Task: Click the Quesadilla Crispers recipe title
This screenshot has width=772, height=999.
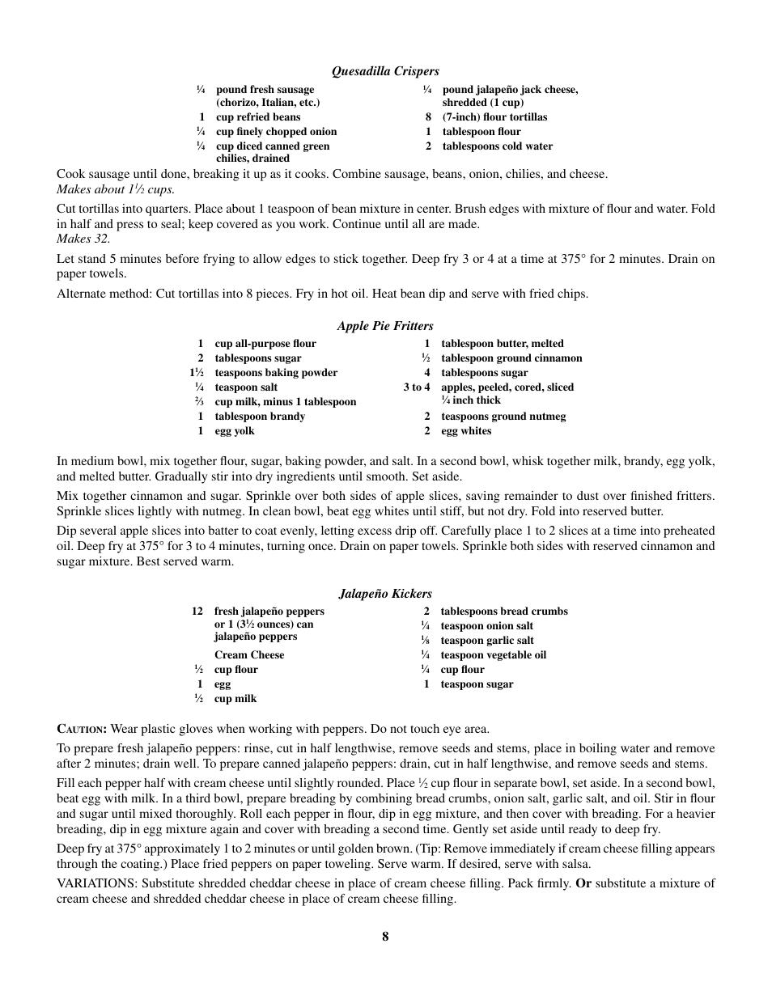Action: click(x=385, y=71)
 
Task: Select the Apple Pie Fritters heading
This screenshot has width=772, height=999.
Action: click(x=385, y=326)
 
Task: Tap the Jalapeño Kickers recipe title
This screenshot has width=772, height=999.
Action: click(x=385, y=594)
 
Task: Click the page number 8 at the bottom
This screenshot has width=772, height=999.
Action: click(x=385, y=936)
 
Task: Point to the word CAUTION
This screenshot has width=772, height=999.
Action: click(x=82, y=729)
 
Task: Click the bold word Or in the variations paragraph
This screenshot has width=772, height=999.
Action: click(x=583, y=883)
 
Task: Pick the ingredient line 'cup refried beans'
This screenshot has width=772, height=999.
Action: click(x=258, y=117)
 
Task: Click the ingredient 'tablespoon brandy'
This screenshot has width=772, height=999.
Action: click(x=260, y=417)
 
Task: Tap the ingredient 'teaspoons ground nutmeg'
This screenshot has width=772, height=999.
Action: click(x=503, y=417)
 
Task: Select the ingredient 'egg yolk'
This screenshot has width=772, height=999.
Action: click(x=235, y=431)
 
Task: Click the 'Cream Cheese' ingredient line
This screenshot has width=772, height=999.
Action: click(x=249, y=655)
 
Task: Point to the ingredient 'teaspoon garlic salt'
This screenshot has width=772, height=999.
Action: click(x=486, y=641)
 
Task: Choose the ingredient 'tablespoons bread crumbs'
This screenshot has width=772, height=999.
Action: click(x=504, y=612)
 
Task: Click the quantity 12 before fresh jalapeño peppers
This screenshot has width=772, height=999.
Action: click(x=197, y=612)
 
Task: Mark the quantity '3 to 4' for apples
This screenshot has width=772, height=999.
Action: click(x=417, y=387)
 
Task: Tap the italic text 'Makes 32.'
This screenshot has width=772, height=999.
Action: click(x=83, y=239)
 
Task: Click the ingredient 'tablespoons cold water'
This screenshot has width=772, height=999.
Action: click(x=497, y=146)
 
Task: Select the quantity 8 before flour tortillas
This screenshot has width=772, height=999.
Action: click(x=428, y=117)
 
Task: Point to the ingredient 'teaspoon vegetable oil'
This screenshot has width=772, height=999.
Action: click(x=493, y=655)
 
